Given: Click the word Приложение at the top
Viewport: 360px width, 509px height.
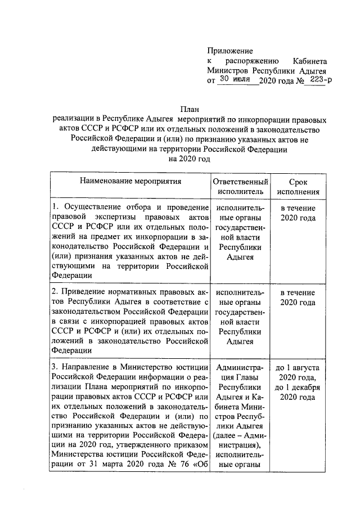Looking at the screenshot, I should [231, 51].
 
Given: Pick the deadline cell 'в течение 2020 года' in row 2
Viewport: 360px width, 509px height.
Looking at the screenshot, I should [298, 298].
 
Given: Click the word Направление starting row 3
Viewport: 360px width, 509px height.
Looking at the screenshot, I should [85, 368].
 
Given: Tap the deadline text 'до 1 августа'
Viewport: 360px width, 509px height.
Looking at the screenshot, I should [298, 368].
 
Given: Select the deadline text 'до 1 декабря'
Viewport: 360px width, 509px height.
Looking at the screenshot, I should [298, 388].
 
